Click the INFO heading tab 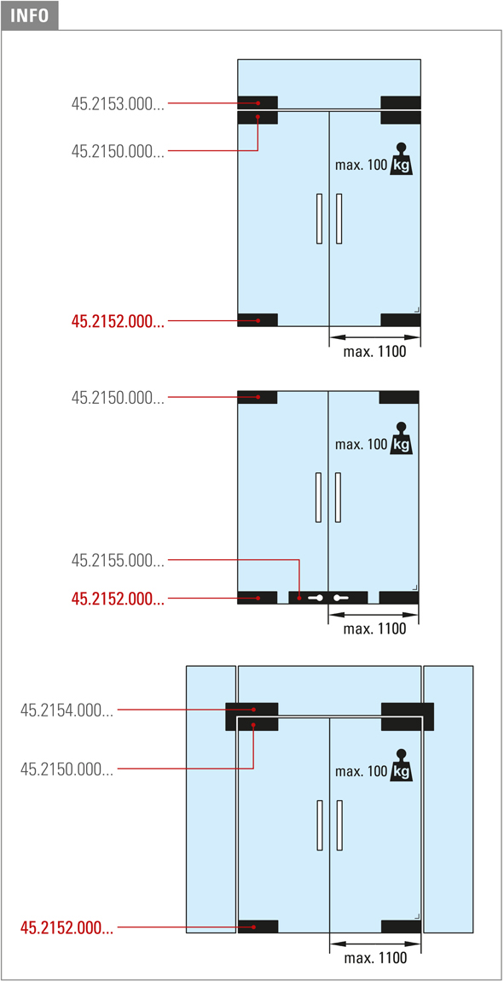[x=30, y=15]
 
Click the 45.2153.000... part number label [x=119, y=104]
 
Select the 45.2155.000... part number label [x=119, y=560]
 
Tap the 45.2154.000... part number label [x=67, y=710]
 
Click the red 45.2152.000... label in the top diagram [x=119, y=321]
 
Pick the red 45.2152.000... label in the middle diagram [x=119, y=599]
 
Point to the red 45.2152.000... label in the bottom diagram [x=67, y=926]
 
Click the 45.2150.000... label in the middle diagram [x=119, y=397]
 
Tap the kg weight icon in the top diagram [x=402, y=160]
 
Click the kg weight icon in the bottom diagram [x=402, y=765]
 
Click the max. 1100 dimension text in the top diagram [x=374, y=352]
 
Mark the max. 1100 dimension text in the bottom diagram [x=374, y=957]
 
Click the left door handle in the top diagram [x=320, y=219]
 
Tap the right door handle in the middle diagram [x=339, y=497]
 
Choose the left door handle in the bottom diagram [x=320, y=826]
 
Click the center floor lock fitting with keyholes [x=328, y=598]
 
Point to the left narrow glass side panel [x=211, y=799]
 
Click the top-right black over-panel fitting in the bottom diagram [x=408, y=716]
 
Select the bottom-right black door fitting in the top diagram [x=401, y=320]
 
